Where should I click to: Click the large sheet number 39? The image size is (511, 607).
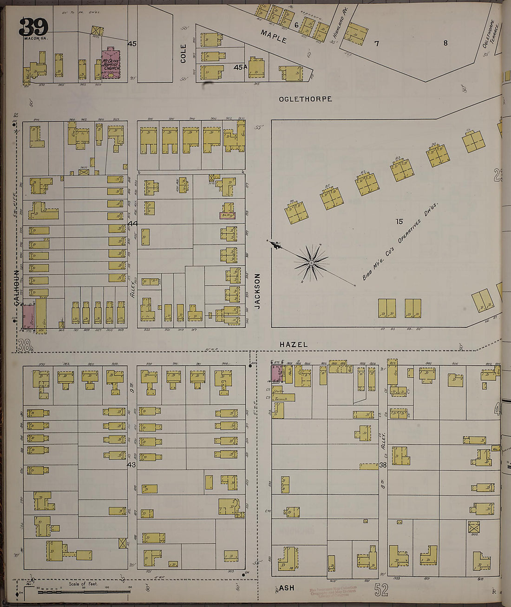(33, 27)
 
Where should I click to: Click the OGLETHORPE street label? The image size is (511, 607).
(305, 99)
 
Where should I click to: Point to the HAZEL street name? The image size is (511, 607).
(294, 344)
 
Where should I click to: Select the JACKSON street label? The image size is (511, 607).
(257, 291)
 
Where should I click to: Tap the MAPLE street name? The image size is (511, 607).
(274, 37)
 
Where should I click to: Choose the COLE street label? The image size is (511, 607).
(183, 53)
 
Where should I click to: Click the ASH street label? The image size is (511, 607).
(287, 588)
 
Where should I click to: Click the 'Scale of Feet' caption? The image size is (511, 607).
(83, 584)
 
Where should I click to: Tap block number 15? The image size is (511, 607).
(399, 222)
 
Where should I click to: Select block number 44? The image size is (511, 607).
(133, 224)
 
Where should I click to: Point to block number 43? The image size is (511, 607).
(131, 464)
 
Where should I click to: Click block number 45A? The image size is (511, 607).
(240, 67)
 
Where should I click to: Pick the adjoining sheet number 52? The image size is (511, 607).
(381, 590)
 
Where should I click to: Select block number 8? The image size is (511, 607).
(445, 43)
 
